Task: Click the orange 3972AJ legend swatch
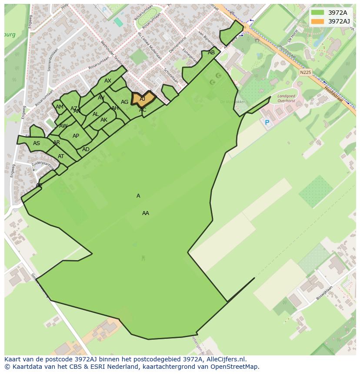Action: click(x=317, y=21)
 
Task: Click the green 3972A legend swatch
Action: click(x=317, y=13)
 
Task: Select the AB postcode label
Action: click(x=211, y=53)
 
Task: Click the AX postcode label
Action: click(x=108, y=81)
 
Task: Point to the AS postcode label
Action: click(x=37, y=143)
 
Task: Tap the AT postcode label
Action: click(x=61, y=156)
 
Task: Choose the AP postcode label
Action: click(x=76, y=136)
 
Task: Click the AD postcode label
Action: click(x=86, y=149)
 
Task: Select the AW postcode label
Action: click(x=63, y=126)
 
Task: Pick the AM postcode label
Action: click(x=60, y=107)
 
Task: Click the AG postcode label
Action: click(x=125, y=102)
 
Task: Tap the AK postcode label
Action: click(x=104, y=120)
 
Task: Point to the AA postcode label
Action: click(x=146, y=213)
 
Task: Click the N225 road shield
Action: click(x=305, y=73)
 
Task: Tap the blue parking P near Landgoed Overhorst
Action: click(x=267, y=123)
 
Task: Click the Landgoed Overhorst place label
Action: click(x=286, y=98)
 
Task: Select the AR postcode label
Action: click(x=57, y=142)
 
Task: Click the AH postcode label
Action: click(x=115, y=108)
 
